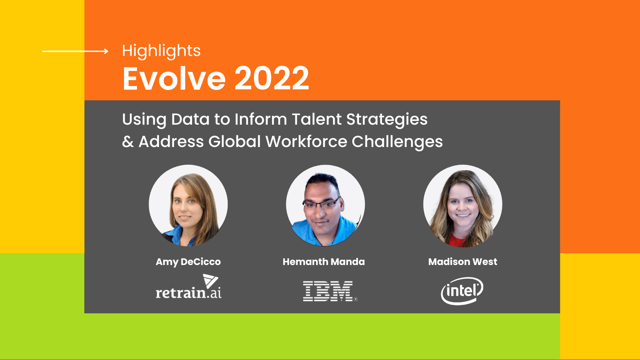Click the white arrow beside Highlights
(x=75, y=51)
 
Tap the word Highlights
(x=161, y=51)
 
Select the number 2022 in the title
(x=272, y=79)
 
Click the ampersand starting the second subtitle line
(x=128, y=142)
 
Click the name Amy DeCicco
(x=188, y=262)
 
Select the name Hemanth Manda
(x=324, y=262)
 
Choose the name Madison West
(x=463, y=262)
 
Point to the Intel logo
(x=462, y=291)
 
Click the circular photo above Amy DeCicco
(x=188, y=205)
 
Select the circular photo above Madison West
(x=463, y=206)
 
